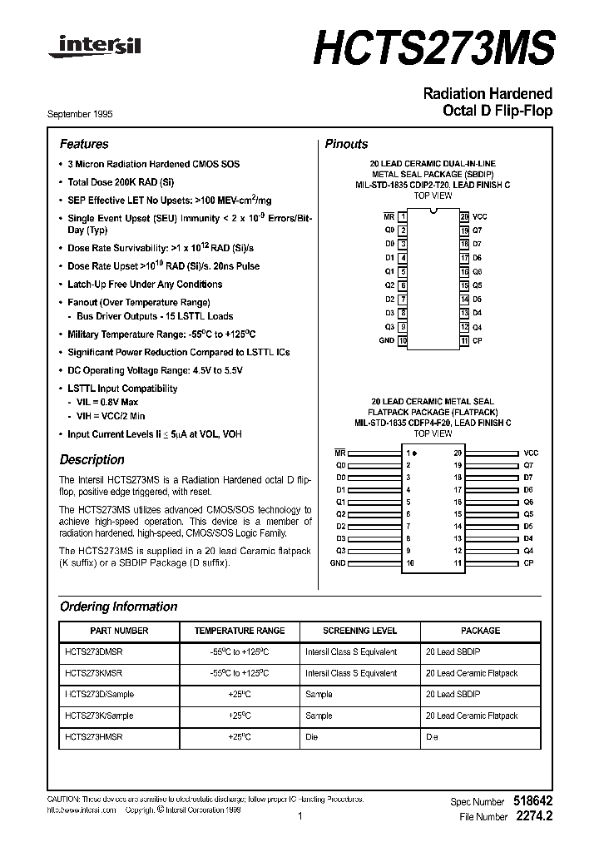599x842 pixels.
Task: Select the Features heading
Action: [84, 144]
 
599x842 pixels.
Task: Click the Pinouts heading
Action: [346, 144]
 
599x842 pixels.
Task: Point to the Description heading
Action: [92, 459]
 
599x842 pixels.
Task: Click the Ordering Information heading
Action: [119, 607]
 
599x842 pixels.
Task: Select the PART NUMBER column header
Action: [119, 631]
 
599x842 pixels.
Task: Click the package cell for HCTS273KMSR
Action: [471, 673]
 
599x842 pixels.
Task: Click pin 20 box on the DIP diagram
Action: [465, 216]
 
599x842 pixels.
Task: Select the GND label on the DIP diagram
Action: [387, 340]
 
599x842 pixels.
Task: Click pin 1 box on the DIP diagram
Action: [403, 216]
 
